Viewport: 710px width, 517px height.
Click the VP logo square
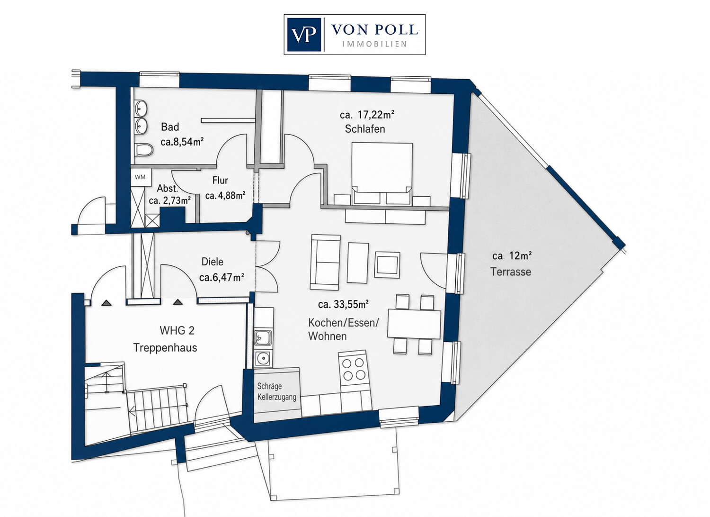click(x=304, y=35)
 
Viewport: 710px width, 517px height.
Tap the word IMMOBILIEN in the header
click(x=375, y=44)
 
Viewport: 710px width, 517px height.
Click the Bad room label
click(x=170, y=127)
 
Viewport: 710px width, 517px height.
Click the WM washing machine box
click(x=141, y=177)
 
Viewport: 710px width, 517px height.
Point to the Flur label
click(x=220, y=180)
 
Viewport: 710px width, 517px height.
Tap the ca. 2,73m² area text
click(x=169, y=200)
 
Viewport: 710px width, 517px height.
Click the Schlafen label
click(x=365, y=129)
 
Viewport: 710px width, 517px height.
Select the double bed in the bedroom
click(x=382, y=174)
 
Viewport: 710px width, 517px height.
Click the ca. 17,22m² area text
click(x=367, y=115)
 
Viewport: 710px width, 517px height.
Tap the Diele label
click(x=213, y=262)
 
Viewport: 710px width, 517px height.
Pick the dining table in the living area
click(x=414, y=324)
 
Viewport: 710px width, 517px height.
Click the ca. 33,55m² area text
click(x=343, y=304)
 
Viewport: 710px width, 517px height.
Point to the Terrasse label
click(x=511, y=272)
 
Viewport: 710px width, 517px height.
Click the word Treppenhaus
click(x=165, y=347)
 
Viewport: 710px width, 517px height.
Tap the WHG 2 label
click(x=177, y=331)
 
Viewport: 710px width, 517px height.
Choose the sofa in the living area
click(x=325, y=262)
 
